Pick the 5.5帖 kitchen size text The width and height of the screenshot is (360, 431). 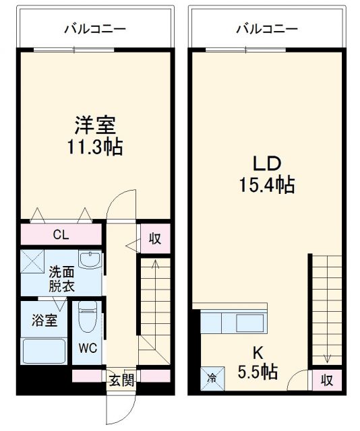click(257, 371)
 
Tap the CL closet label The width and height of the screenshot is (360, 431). click(61, 234)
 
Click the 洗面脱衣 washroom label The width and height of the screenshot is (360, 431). click(61, 278)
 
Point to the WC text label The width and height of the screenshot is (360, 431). click(88, 350)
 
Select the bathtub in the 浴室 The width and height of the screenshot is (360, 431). click(43, 351)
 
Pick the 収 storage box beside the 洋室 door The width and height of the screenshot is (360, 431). click(155, 238)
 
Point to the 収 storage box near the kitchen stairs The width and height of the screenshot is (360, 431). click(326, 379)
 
